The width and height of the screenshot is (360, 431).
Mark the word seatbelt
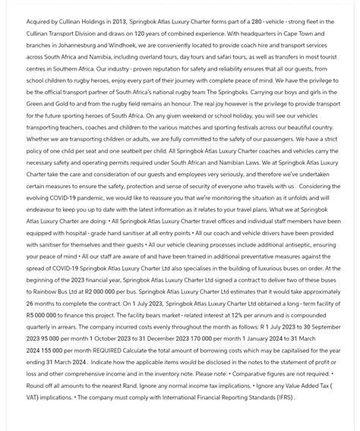click(x=135, y=150)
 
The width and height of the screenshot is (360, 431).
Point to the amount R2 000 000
click(x=99, y=291)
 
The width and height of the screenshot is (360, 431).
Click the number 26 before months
click(x=31, y=304)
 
